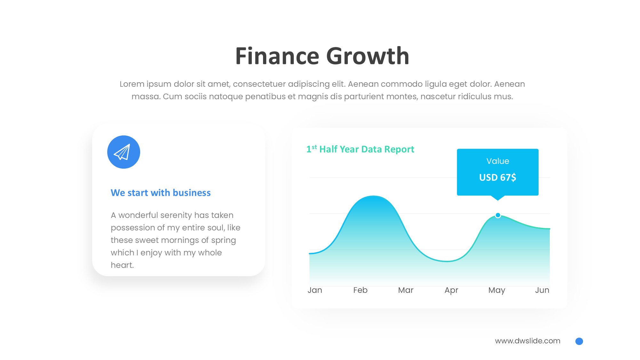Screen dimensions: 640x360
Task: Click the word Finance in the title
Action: pyautogui.click(x=277, y=56)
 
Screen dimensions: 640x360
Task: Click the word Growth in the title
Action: pyautogui.click(x=368, y=56)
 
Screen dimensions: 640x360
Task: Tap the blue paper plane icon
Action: pyautogui.click(x=124, y=152)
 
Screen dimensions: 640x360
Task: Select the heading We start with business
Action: pyautogui.click(x=161, y=193)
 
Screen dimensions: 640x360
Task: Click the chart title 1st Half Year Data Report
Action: pyautogui.click(x=360, y=149)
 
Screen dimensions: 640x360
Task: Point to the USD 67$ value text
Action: pyautogui.click(x=498, y=177)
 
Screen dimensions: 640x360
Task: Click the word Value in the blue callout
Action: pyautogui.click(x=498, y=161)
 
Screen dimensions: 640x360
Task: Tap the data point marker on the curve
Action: pyautogui.click(x=498, y=215)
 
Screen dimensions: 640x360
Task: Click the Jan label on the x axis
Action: pyautogui.click(x=315, y=290)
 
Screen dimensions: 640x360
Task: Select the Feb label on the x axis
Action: pyautogui.click(x=360, y=290)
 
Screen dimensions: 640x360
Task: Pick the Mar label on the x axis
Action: pyautogui.click(x=406, y=290)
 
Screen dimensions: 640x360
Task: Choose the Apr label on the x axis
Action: pyautogui.click(x=451, y=291)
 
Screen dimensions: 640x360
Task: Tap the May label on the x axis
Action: pyautogui.click(x=497, y=291)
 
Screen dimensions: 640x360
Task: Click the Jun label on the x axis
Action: pyautogui.click(x=542, y=290)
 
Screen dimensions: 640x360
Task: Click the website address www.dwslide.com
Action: pyautogui.click(x=528, y=341)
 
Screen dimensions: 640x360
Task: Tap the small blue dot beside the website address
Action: pyautogui.click(x=579, y=341)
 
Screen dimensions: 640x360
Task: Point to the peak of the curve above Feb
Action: pyautogui.click(x=373, y=196)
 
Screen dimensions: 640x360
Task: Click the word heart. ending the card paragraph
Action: pyautogui.click(x=122, y=265)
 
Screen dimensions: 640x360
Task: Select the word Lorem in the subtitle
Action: pyautogui.click(x=132, y=84)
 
